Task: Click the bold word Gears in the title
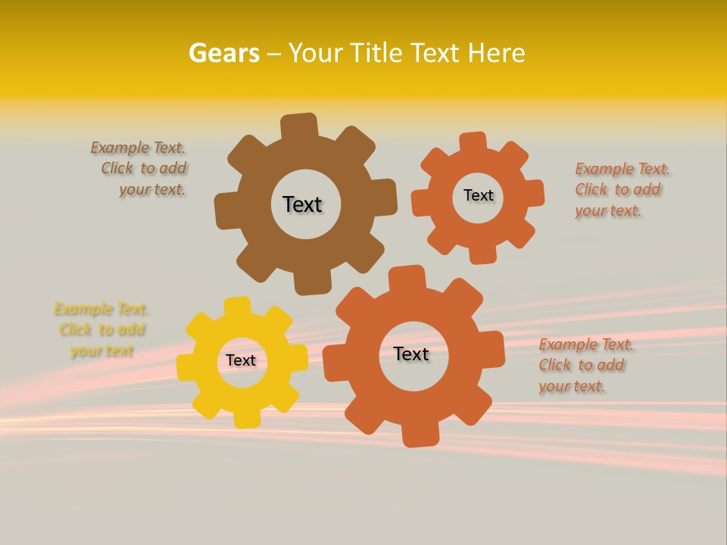[223, 54]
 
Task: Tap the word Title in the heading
[382, 54]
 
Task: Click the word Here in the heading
[496, 54]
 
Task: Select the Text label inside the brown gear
[302, 204]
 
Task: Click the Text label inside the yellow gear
[241, 360]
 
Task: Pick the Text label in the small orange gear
[478, 195]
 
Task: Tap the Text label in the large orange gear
[411, 353]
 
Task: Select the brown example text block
[140, 169]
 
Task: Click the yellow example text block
[101, 330]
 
